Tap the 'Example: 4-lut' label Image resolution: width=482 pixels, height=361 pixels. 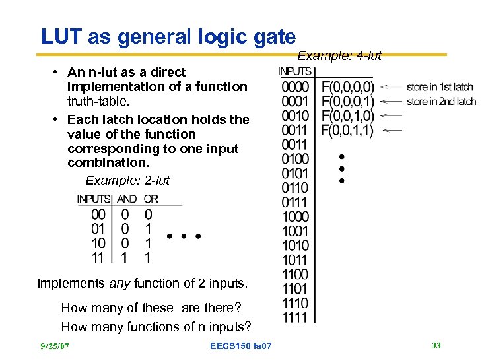tap(339, 56)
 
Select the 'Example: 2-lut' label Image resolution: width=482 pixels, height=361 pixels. tap(127, 180)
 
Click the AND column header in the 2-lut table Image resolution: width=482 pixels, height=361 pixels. tap(127, 199)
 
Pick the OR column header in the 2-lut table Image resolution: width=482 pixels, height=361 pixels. tap(151, 199)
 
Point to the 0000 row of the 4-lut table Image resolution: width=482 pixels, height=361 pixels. tap(294, 87)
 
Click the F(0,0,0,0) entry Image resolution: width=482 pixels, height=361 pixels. tap(347, 87)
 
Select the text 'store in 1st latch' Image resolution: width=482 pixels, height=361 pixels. tap(440, 87)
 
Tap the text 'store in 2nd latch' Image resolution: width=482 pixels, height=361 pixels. tap(441, 102)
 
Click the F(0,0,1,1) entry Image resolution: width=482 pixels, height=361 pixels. tap(347, 131)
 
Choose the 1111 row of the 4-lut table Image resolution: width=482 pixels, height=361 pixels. tap(294, 317)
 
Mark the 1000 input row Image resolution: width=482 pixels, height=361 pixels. tap(294, 216)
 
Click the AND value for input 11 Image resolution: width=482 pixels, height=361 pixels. tap(125, 258)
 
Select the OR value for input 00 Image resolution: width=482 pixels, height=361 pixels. tap(148, 214)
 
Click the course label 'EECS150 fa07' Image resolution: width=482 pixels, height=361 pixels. tap(240, 346)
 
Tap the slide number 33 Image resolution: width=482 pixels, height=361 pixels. tap(436, 345)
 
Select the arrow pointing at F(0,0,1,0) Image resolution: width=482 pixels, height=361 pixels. tap(392, 116)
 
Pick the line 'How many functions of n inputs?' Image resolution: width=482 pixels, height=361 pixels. tap(156, 327)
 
